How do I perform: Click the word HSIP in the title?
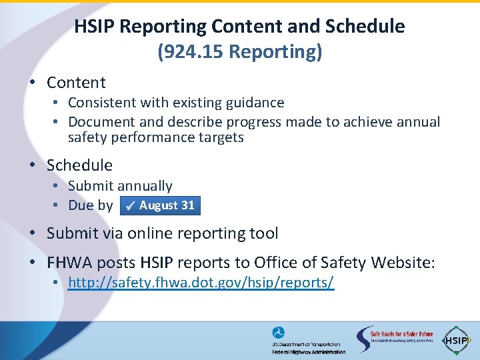click(x=93, y=27)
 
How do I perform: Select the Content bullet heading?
click(x=76, y=83)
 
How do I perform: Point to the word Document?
click(x=102, y=122)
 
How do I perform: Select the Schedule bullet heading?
click(x=79, y=165)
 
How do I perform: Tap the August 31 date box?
click(x=160, y=205)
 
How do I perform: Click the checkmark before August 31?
click(x=131, y=206)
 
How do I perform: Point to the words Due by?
click(x=91, y=205)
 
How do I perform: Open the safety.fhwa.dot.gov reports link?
click(x=201, y=283)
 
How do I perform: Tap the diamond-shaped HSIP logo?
click(x=457, y=339)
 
